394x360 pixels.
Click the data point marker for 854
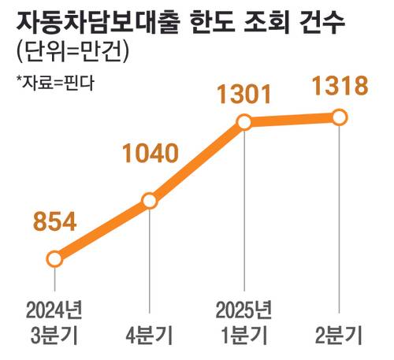pyautogui.click(x=54, y=258)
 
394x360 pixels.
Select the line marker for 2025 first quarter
pyautogui.click(x=243, y=122)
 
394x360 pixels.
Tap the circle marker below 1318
pyautogui.click(x=339, y=117)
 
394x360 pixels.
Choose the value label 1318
pyautogui.click(x=339, y=86)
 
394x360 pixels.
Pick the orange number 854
pyautogui.click(x=54, y=221)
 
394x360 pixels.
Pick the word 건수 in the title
pyautogui.click(x=322, y=20)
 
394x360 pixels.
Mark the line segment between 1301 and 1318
pyautogui.click(x=292, y=120)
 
